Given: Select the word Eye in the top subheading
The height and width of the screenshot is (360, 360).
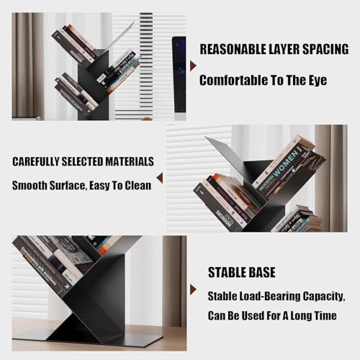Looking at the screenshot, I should pyautogui.click(x=315, y=80).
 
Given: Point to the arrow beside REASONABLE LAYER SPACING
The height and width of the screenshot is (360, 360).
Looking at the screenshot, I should pyautogui.click(x=192, y=66).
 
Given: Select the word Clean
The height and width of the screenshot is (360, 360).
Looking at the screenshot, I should pyautogui.click(x=135, y=185).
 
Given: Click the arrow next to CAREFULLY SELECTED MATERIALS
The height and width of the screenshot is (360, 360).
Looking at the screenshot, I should pyautogui.click(x=159, y=176).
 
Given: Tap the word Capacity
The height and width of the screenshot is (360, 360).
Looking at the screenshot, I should pyautogui.click(x=329, y=296).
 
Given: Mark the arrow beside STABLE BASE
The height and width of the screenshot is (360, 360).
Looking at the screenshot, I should pyautogui.click(x=192, y=289).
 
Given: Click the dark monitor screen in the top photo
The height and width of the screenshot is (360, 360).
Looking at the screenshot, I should pyautogui.click(x=179, y=72).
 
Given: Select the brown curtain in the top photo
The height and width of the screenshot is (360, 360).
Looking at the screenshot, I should pyautogui.click(x=27, y=65).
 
